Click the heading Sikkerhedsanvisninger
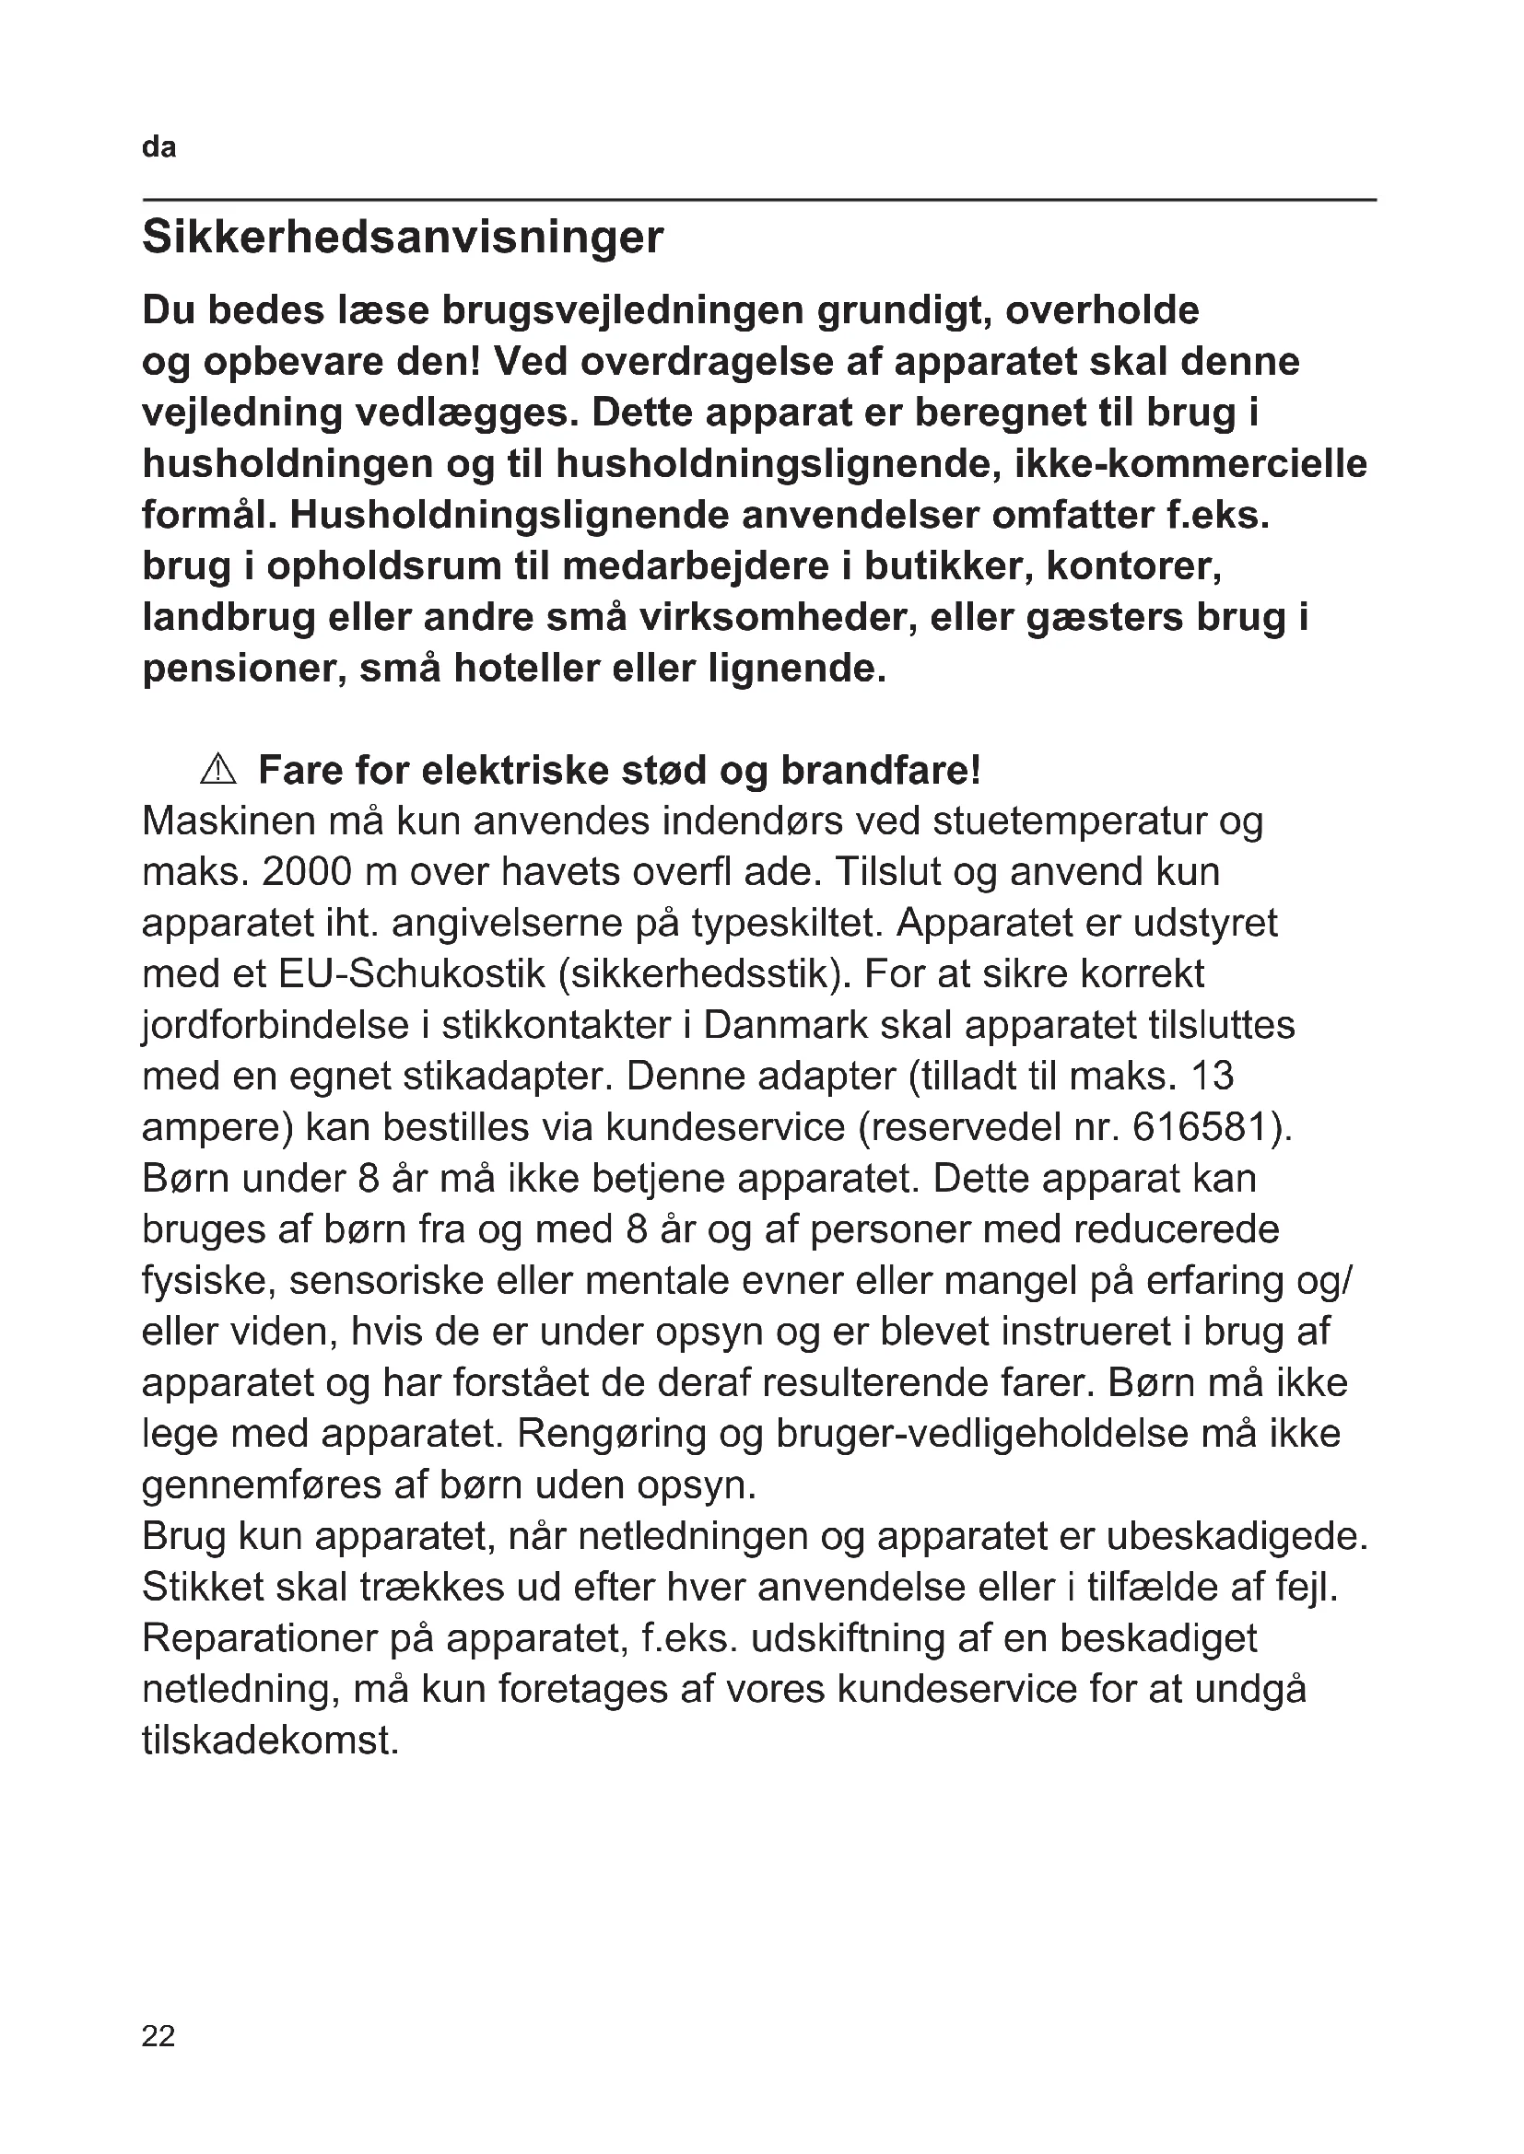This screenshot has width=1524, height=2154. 403,239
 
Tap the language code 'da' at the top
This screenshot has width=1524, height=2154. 158,148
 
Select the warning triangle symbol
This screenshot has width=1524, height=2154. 218,770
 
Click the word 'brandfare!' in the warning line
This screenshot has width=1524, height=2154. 881,770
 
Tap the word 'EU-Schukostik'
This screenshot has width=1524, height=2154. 412,973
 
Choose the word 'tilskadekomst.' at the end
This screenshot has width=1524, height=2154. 270,1741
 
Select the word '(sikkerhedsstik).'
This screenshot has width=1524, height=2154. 705,973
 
